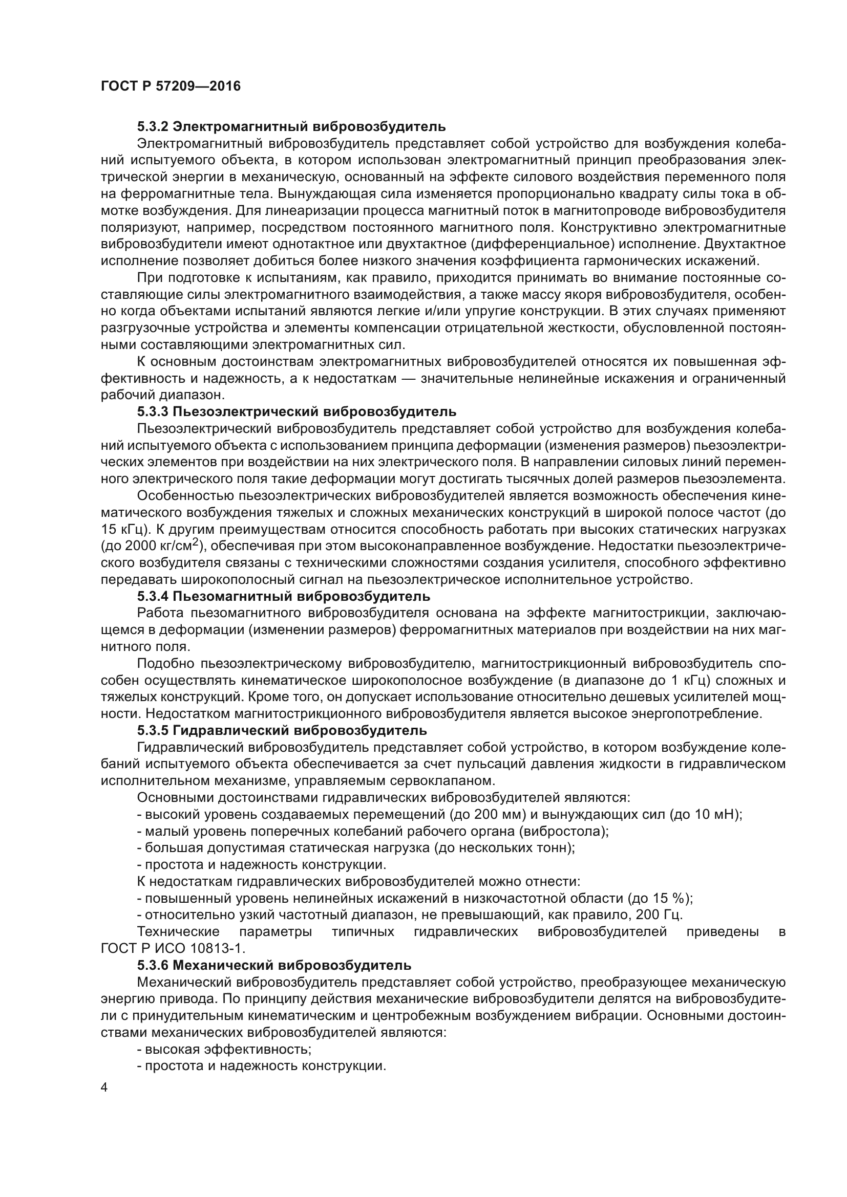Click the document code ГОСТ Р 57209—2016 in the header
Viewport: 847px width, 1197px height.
click(171, 86)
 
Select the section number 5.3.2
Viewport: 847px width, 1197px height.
click(152, 127)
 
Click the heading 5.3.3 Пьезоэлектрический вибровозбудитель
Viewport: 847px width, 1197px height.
click(297, 412)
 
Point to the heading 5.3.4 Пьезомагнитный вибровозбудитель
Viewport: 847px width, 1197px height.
click(284, 596)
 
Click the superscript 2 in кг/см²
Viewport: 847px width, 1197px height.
click(195, 542)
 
